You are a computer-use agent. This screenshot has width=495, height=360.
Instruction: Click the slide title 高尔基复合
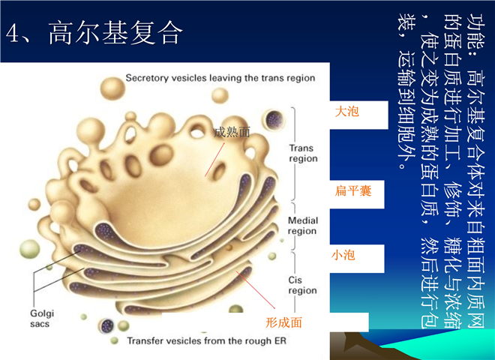pyautogui.click(x=115, y=33)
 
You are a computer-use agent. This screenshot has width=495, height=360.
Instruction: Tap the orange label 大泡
pyautogui.click(x=346, y=112)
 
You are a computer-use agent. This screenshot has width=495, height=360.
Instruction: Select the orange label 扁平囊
pyautogui.click(x=353, y=190)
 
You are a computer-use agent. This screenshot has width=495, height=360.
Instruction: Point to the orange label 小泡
pyautogui.click(x=343, y=255)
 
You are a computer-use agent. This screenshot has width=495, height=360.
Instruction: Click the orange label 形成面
pyautogui.click(x=283, y=322)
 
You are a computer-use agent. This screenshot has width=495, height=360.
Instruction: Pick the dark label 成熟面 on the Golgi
pyautogui.click(x=232, y=132)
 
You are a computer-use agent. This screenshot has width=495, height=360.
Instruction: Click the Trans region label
pyautogui.click(x=303, y=153)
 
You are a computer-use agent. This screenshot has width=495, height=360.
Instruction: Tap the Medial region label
pyautogui.click(x=303, y=226)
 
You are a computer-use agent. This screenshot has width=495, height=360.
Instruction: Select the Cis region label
pyautogui.click(x=302, y=285)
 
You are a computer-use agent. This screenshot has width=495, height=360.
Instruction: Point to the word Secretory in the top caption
pyautogui.click(x=147, y=78)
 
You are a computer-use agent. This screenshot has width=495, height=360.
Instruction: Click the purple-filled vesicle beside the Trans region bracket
pyautogui.click(x=273, y=120)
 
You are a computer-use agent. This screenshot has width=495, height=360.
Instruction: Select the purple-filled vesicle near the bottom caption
pyautogui.click(x=106, y=325)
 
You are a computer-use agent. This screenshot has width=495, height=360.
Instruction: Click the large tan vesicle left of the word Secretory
pyautogui.click(x=112, y=88)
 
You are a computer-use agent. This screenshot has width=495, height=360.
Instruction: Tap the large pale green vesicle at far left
pyautogui.click(x=30, y=249)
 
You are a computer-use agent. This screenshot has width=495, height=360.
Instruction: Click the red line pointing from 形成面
pyautogui.click(x=256, y=289)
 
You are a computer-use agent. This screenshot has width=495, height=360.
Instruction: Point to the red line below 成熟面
pyautogui.click(x=214, y=160)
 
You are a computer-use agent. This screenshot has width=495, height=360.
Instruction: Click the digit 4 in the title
pyautogui.click(x=13, y=33)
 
